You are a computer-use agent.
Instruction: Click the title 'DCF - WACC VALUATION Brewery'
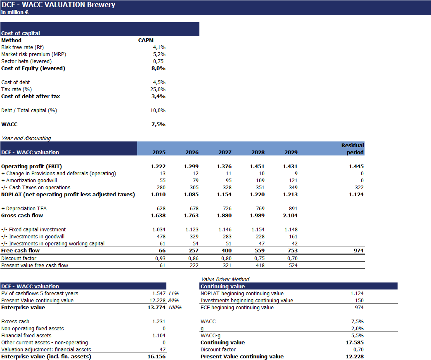(58, 5)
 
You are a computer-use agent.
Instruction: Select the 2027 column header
(225, 153)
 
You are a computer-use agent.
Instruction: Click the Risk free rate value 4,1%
(159, 47)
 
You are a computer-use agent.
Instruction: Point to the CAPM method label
(146, 40)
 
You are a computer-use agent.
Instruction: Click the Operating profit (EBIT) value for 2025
(158, 167)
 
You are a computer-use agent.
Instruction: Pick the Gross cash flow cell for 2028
(258, 216)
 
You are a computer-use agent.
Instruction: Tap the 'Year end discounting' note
(26, 139)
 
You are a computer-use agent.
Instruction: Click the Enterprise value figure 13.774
(156, 308)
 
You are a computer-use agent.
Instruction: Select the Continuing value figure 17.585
(355, 343)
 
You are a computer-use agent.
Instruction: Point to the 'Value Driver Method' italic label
(225, 280)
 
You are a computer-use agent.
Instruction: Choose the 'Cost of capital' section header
(21, 33)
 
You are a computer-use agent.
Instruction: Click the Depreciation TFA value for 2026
(192, 209)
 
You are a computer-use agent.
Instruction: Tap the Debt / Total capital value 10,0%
(158, 111)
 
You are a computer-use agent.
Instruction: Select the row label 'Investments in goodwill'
(33, 237)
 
